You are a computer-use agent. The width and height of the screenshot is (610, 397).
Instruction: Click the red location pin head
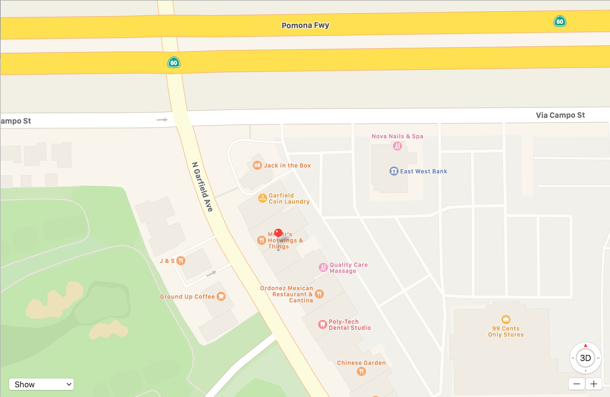278,233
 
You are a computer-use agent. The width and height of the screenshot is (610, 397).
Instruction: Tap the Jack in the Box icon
257,165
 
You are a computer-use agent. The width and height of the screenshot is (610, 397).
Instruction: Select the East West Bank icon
394,171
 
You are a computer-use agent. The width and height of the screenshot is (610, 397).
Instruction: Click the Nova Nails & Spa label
397,136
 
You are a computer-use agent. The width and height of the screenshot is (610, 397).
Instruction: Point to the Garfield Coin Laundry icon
262,198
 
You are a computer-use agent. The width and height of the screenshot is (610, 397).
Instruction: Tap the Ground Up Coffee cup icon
221,296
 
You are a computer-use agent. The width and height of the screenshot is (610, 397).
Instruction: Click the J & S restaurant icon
181,261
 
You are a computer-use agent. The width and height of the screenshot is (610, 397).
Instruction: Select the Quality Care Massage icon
323,267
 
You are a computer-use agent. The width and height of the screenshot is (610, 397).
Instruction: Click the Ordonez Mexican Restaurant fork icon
319,294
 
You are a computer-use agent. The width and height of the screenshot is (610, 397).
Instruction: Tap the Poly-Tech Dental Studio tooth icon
322,324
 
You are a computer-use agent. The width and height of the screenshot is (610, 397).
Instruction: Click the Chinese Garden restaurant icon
361,371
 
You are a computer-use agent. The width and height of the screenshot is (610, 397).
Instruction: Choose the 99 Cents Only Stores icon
506,320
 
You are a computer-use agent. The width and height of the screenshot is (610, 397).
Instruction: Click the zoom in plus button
594,384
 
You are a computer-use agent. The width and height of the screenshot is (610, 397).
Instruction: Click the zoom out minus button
577,384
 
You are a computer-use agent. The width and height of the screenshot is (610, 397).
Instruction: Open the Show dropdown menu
41,384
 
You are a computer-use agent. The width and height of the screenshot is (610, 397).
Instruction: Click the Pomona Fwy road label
305,25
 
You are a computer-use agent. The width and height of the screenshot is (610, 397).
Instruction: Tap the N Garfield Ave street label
202,187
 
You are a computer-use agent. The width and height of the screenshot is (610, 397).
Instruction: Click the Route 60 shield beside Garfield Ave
174,63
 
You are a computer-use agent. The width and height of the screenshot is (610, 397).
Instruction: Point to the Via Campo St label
560,115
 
